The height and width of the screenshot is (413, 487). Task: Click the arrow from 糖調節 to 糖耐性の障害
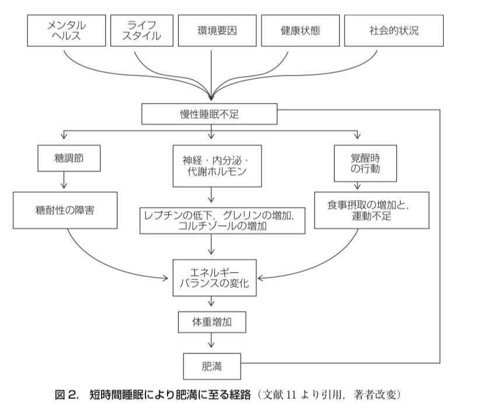(64, 180)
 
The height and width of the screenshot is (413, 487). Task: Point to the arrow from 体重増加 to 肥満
(211, 340)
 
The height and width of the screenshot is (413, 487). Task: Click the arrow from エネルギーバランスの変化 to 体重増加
(211, 301)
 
